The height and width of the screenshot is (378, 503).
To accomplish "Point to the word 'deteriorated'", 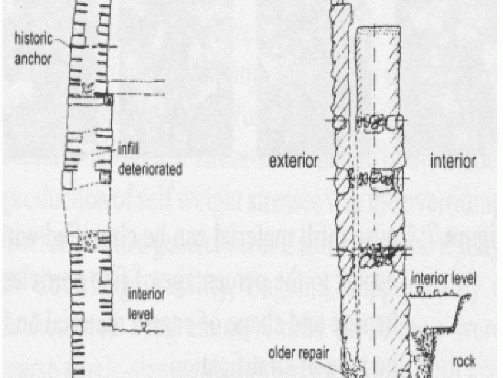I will click(x=150, y=168).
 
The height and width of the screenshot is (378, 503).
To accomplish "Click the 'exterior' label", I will click(x=293, y=162).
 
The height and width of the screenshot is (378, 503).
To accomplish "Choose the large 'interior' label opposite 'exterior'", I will click(x=453, y=162).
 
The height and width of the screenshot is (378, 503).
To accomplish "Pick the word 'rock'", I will click(x=463, y=361).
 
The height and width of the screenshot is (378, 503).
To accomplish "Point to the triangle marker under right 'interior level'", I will click(x=420, y=291).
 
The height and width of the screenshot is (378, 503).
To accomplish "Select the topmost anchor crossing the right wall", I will click(x=369, y=120).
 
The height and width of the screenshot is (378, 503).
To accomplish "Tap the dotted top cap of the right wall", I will click(x=378, y=28).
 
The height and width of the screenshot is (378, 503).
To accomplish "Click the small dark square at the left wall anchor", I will click(x=110, y=100).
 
